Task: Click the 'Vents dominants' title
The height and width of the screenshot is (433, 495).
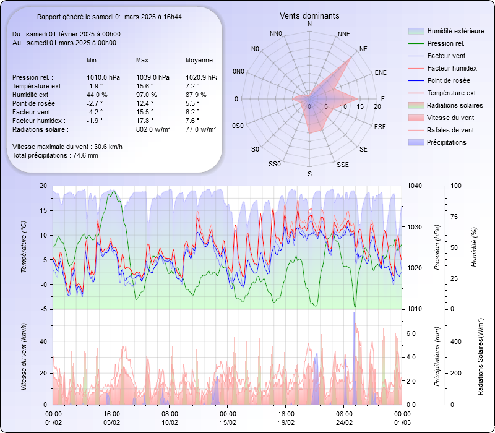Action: pyautogui.click(x=309, y=15)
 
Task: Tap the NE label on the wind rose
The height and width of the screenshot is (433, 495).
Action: pyautogui.click(x=364, y=48)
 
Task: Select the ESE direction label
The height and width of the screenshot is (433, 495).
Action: pyautogui.click(x=380, y=126)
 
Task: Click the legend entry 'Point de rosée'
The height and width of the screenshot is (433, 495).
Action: pyautogui.click(x=448, y=80)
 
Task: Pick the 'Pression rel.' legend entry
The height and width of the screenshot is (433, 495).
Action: pyautogui.click(x=445, y=43)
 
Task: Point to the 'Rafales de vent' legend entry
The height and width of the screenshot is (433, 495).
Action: pyautogui.click(x=450, y=130)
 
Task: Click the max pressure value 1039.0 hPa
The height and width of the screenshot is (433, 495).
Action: pyautogui.click(x=153, y=77)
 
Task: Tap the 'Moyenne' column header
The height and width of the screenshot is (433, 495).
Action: pyautogui.click(x=199, y=60)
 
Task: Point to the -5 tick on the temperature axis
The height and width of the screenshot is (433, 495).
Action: pyautogui.click(x=43, y=309)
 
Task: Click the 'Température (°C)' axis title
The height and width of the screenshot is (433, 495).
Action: pyautogui.click(x=24, y=247)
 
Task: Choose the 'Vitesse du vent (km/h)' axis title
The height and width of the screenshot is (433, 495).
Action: pyautogui.click(x=24, y=356)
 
